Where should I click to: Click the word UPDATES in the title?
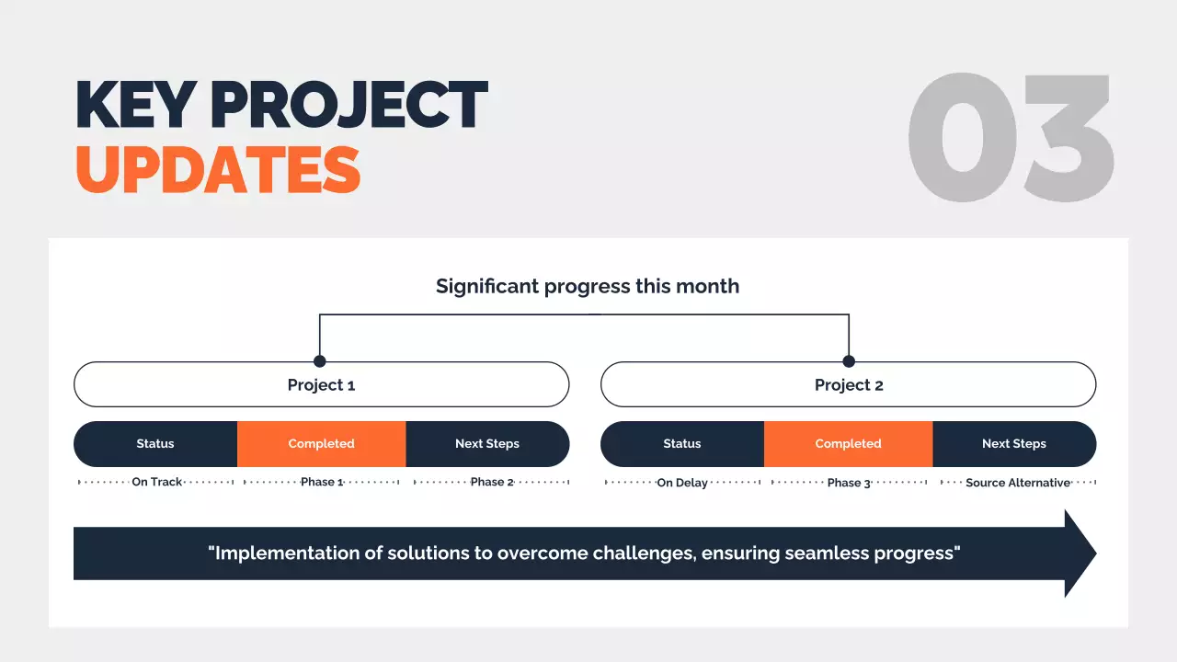pyautogui.click(x=218, y=169)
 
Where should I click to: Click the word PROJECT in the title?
pyautogui.click(x=349, y=105)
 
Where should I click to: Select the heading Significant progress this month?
pyautogui.click(x=587, y=286)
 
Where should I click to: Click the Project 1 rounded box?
pyautogui.click(x=321, y=385)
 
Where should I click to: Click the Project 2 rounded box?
pyautogui.click(x=848, y=385)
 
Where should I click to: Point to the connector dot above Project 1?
pyautogui.click(x=320, y=361)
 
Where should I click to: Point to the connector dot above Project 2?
pyautogui.click(x=849, y=361)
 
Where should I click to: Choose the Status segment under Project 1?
pyautogui.click(x=155, y=444)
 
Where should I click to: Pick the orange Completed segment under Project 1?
pyautogui.click(x=321, y=444)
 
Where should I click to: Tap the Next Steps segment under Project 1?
pyautogui.click(x=487, y=444)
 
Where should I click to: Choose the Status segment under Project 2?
pyautogui.click(x=682, y=444)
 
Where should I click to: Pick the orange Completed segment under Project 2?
pyautogui.click(x=848, y=444)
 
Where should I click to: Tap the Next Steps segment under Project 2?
pyautogui.click(x=1014, y=444)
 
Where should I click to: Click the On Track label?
pyautogui.click(x=157, y=482)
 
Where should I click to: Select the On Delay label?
pyautogui.click(x=682, y=483)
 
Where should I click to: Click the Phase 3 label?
pyautogui.click(x=848, y=483)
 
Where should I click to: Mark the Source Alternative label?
pyautogui.click(x=1018, y=483)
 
